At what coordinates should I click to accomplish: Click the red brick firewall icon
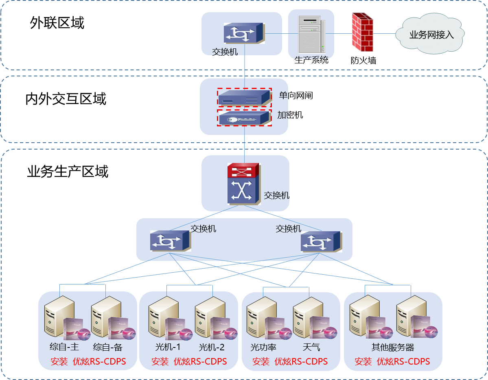[x=362, y=32]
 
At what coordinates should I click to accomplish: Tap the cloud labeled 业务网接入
[x=431, y=35]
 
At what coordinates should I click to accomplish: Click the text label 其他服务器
[x=393, y=347]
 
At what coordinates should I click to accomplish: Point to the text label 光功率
[x=263, y=347]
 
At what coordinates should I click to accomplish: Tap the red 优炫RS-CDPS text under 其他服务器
[x=403, y=362]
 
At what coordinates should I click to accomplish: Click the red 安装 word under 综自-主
[x=59, y=362]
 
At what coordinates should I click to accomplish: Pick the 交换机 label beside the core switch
[x=276, y=195]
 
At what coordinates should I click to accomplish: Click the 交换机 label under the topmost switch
[x=225, y=52]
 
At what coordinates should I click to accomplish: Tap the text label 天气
[x=311, y=347]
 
